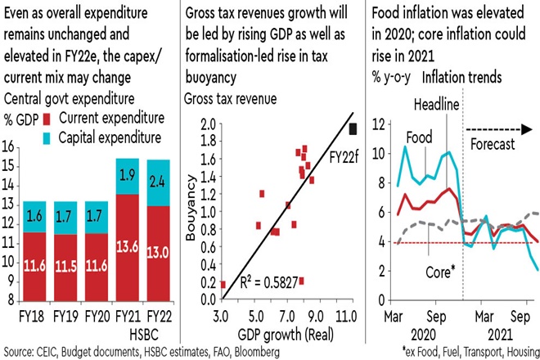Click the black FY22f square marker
click(x=353, y=128)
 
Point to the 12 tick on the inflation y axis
click(x=378, y=124)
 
